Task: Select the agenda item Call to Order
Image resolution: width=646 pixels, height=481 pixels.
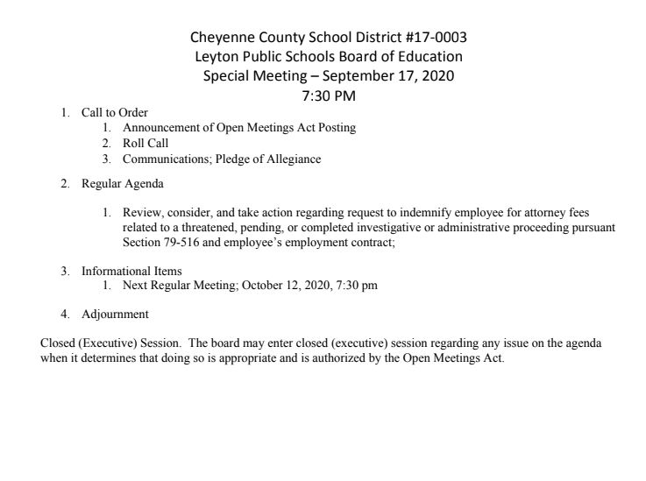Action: [114, 113]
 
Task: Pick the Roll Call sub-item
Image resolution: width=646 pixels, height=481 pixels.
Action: [146, 144]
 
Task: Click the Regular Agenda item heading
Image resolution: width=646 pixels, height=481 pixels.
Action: [122, 184]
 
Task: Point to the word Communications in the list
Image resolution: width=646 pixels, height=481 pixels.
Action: [160, 159]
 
